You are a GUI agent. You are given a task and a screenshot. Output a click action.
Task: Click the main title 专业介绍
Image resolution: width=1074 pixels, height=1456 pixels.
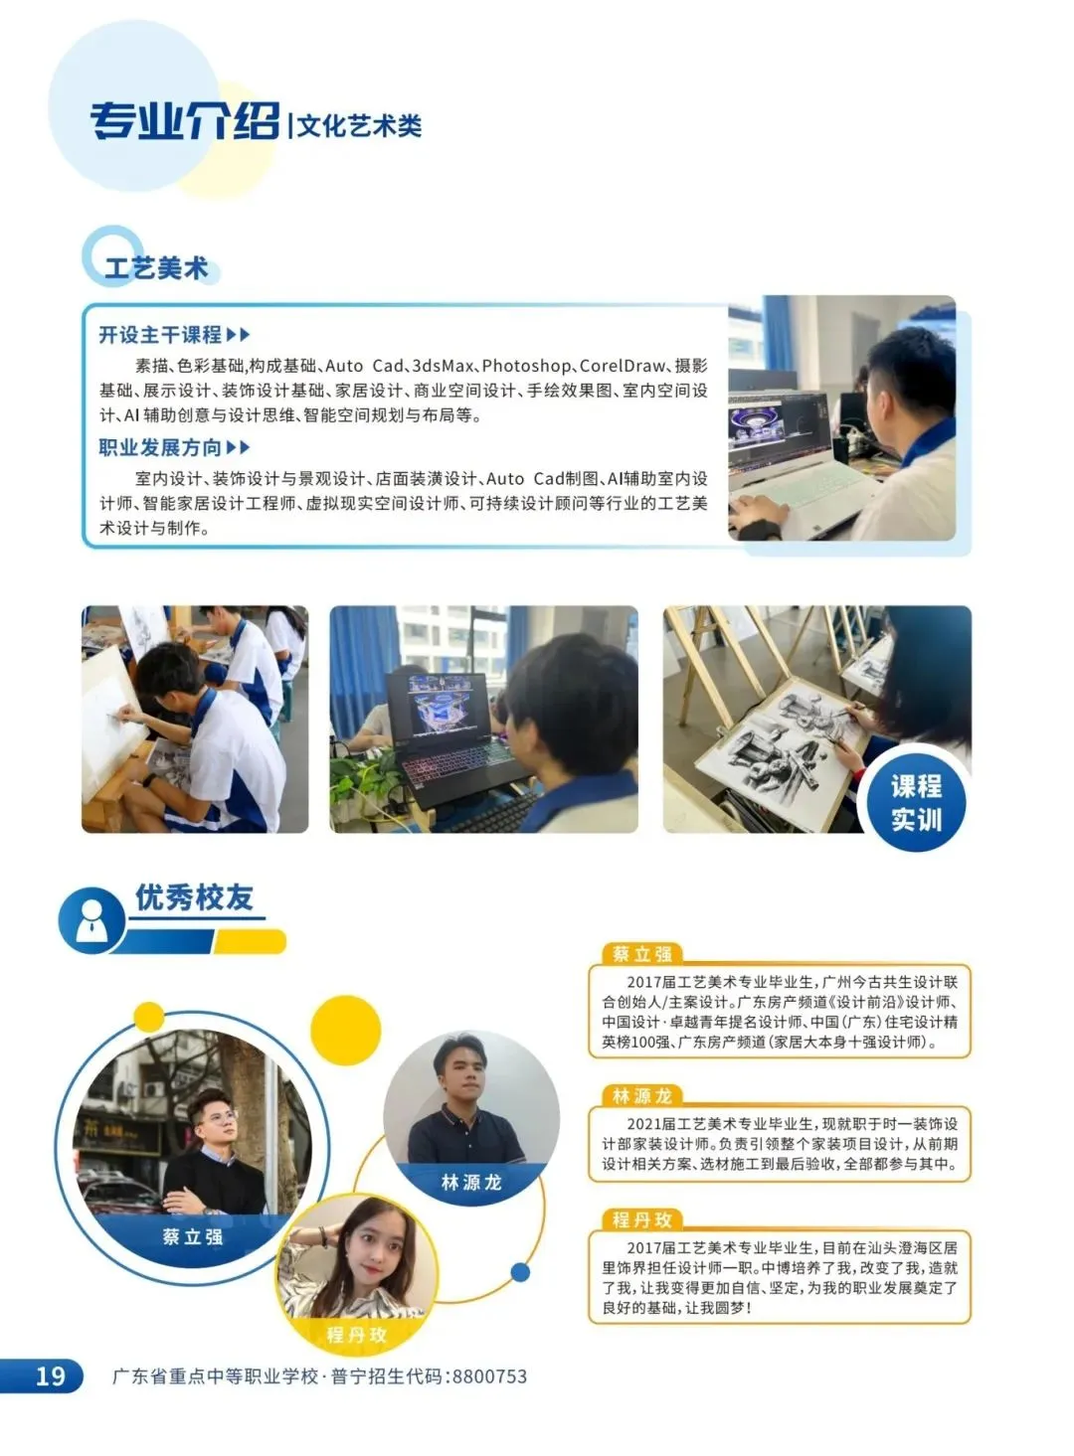(184, 122)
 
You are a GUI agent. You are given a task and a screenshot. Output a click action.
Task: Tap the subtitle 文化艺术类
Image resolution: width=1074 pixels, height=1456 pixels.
(360, 125)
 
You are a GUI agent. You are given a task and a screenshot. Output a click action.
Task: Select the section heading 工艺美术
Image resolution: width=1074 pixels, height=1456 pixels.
(156, 267)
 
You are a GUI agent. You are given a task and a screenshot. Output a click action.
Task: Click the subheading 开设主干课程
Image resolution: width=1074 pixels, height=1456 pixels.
(160, 335)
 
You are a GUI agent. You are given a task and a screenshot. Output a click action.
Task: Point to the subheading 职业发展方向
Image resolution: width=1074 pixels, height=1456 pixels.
(160, 447)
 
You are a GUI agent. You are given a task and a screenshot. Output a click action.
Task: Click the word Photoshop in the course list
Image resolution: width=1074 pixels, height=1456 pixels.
(526, 366)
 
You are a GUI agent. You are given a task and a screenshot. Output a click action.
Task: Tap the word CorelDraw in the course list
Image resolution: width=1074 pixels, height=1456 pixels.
(622, 366)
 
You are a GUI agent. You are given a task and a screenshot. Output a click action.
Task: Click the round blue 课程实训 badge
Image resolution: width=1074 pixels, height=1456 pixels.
(915, 802)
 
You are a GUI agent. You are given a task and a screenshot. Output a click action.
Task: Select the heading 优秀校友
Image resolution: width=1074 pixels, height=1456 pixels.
(195, 897)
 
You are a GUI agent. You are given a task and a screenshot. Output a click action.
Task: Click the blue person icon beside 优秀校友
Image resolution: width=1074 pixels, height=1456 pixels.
(91, 921)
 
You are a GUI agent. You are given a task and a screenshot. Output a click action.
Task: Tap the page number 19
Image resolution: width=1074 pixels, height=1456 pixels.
(50, 1375)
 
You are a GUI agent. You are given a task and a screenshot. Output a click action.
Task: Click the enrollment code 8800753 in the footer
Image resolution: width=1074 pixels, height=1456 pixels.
(489, 1376)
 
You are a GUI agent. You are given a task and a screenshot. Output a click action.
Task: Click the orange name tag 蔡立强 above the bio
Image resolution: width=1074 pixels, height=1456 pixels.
(641, 954)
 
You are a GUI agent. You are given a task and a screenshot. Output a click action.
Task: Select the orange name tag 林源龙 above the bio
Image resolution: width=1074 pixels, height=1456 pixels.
(641, 1096)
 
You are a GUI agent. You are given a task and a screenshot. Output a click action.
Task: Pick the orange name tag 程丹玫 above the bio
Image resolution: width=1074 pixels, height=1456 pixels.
(641, 1219)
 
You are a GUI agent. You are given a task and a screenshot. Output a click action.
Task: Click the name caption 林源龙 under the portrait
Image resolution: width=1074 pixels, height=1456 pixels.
(471, 1183)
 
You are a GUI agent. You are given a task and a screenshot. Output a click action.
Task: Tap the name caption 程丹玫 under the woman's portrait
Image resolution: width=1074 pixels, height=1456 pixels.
(356, 1334)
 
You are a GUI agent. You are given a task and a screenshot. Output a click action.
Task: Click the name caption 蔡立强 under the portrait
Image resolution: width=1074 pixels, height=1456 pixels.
(193, 1237)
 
